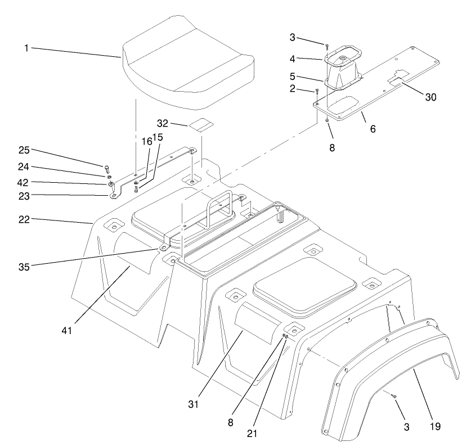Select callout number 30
click(x=430, y=96)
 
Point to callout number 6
click(x=373, y=129)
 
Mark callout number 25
click(x=24, y=151)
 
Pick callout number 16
click(x=147, y=142)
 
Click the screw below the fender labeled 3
click(x=395, y=397)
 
